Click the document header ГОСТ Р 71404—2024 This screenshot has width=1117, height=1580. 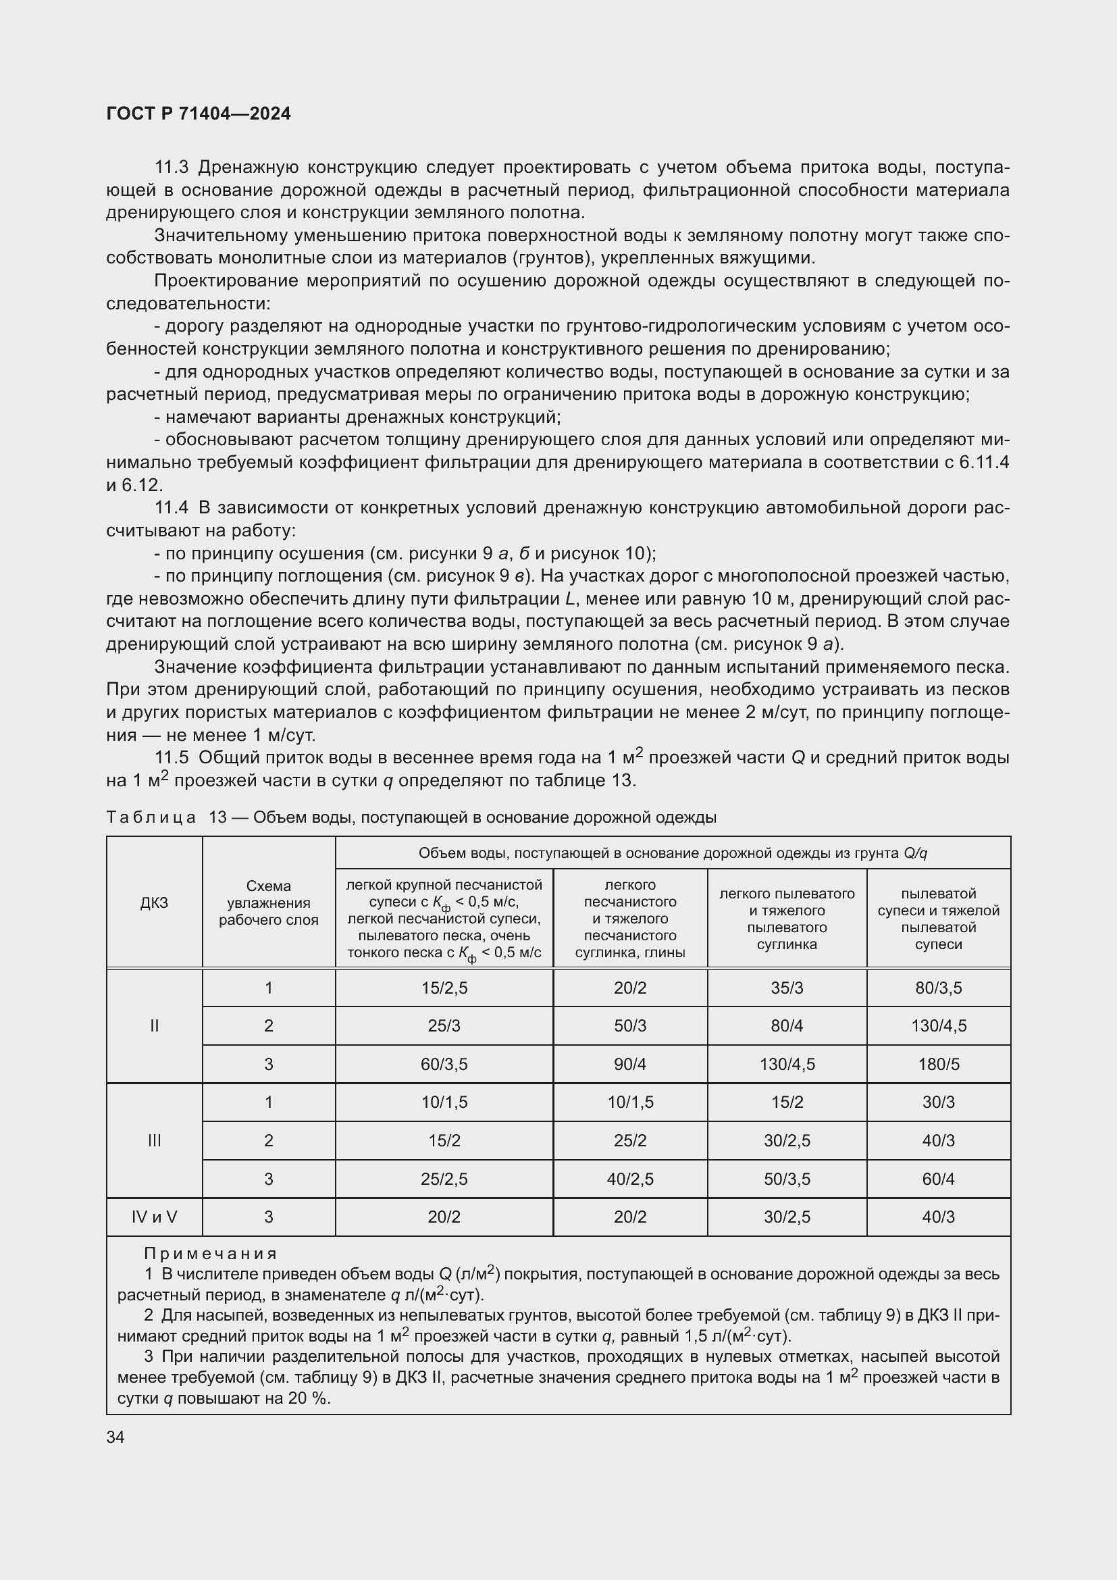click(x=199, y=113)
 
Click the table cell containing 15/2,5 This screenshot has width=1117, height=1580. click(x=444, y=988)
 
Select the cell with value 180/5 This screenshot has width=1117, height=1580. click(x=938, y=1065)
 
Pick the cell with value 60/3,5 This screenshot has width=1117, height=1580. click(x=444, y=1065)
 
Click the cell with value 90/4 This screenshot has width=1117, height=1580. click(x=629, y=1065)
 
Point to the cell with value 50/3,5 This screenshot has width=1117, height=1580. click(x=787, y=1179)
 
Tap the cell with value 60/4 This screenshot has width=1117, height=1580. click(x=938, y=1179)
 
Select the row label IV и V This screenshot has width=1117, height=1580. click(x=154, y=1217)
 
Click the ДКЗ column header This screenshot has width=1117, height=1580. click(x=154, y=902)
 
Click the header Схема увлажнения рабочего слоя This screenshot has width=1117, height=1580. click(x=268, y=902)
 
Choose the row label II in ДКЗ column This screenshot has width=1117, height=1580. click(x=154, y=1026)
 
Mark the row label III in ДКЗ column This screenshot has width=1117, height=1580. click(x=154, y=1140)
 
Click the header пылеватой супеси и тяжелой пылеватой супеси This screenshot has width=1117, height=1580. click(x=938, y=919)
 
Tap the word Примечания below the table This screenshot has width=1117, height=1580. click(x=211, y=1253)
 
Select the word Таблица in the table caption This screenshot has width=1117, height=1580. click(x=151, y=817)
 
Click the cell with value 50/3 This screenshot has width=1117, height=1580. click(x=629, y=1026)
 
